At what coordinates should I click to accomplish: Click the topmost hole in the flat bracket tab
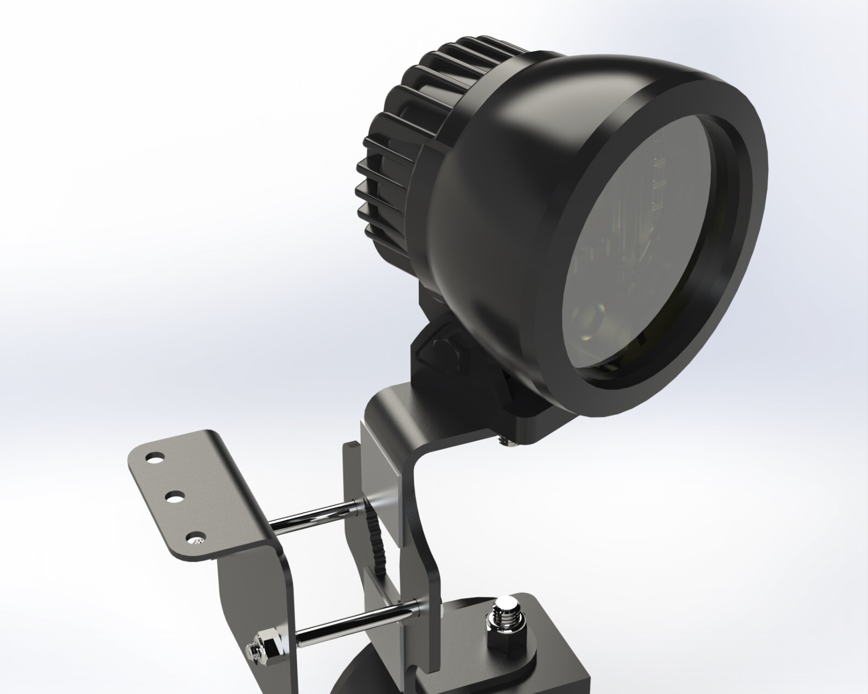coord(157,458)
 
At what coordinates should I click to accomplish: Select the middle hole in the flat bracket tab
coord(175,496)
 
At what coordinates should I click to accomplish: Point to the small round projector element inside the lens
coord(589,320)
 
